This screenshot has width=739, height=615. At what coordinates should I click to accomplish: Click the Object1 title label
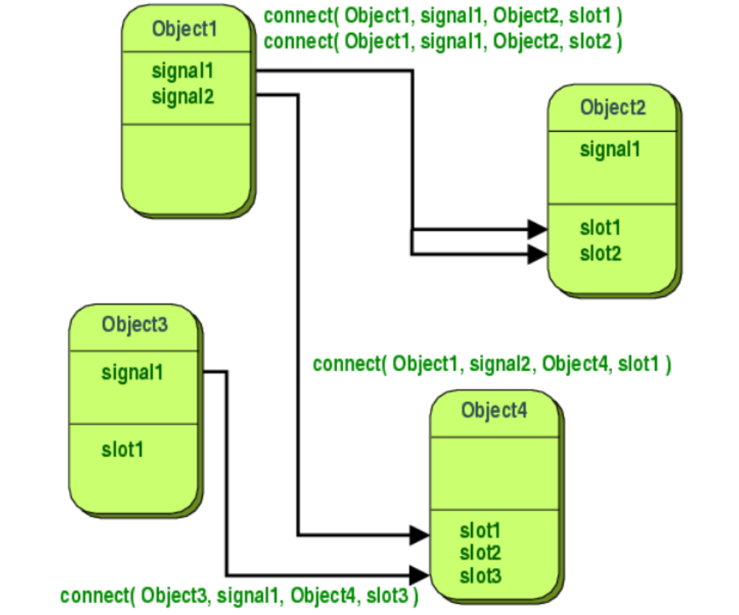(183, 29)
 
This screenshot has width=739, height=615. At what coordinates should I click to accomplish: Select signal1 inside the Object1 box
(183, 72)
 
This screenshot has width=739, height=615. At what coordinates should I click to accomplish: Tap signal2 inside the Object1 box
(183, 97)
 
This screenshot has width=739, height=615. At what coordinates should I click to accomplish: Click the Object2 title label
(612, 107)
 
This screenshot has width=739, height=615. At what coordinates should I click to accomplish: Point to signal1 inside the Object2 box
(610, 149)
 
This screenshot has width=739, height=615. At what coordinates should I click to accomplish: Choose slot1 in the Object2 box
(600, 227)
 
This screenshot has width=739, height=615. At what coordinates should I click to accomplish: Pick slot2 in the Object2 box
(600, 254)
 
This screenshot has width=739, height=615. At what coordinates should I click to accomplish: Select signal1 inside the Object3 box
(133, 372)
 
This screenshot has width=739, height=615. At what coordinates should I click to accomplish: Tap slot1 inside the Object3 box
(122, 450)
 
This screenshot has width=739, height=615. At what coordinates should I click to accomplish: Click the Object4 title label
(493, 410)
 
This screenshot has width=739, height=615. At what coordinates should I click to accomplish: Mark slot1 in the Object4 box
(480, 531)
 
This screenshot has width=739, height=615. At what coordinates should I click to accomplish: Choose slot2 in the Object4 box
(480, 554)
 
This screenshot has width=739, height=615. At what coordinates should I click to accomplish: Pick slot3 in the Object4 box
(480, 575)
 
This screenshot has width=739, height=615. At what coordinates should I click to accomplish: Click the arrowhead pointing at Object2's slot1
(537, 228)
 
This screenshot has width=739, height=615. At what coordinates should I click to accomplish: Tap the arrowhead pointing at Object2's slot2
(537, 254)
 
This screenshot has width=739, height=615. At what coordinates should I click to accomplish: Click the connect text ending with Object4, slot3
(239, 596)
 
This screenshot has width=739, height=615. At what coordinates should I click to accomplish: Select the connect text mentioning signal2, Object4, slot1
(492, 364)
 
